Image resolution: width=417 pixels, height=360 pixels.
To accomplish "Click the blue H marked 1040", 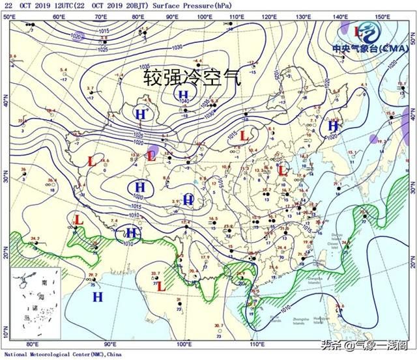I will [x=184, y=95].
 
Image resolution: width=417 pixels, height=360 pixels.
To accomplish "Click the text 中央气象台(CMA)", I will [x=369, y=49].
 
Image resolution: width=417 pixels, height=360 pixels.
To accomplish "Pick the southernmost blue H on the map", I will [x=98, y=297].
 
